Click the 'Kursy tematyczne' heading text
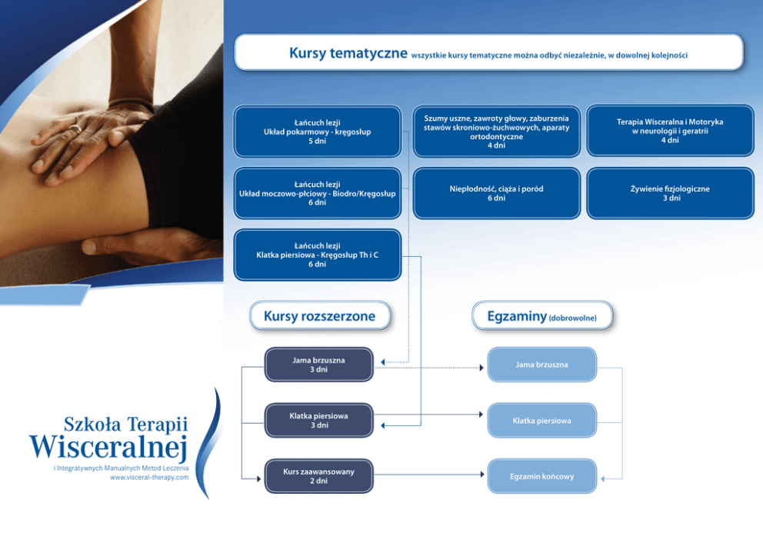click(x=348, y=53)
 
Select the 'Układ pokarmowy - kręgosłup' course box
click(x=317, y=132)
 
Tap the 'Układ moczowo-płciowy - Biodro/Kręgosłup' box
click(x=317, y=193)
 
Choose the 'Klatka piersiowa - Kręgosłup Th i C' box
click(x=317, y=255)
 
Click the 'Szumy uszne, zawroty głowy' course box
click(x=496, y=132)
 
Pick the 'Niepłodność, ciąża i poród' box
click(x=496, y=193)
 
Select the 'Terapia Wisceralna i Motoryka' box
click(x=669, y=132)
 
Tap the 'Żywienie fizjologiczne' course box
click(x=669, y=193)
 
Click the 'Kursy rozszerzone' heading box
click(x=319, y=316)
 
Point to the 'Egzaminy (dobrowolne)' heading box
click(x=541, y=316)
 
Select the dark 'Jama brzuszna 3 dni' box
click(x=318, y=365)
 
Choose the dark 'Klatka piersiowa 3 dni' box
click(x=318, y=421)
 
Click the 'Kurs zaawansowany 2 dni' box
click(x=318, y=476)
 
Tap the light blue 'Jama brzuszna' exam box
click(x=541, y=365)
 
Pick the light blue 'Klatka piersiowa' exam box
click(x=541, y=421)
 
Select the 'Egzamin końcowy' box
click(x=541, y=476)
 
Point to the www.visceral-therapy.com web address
click(x=149, y=478)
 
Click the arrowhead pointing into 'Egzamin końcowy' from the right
click(x=604, y=478)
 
